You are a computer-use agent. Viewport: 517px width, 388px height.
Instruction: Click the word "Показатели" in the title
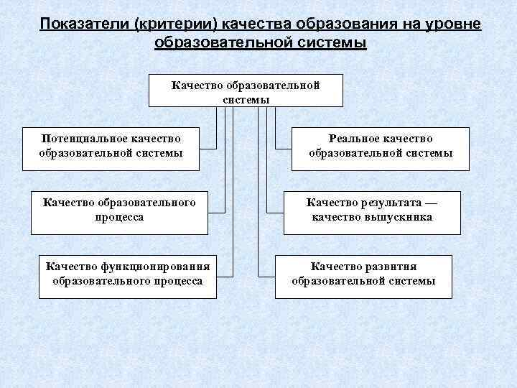point(79,24)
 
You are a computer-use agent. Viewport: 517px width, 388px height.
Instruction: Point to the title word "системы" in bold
point(333,42)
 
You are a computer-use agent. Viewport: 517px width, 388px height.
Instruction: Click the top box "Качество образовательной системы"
point(246,91)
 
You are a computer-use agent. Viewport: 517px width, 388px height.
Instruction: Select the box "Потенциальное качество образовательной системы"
point(111,146)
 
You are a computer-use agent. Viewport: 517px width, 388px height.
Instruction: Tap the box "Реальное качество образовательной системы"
point(381,146)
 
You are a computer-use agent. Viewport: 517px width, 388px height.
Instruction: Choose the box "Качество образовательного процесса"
point(119,210)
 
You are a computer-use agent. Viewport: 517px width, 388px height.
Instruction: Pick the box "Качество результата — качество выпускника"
point(372,210)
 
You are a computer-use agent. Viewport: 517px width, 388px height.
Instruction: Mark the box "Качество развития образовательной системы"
point(363,274)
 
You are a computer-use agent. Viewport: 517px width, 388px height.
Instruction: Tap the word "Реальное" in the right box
point(353,139)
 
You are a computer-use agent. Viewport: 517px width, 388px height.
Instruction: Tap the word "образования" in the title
point(337,24)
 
